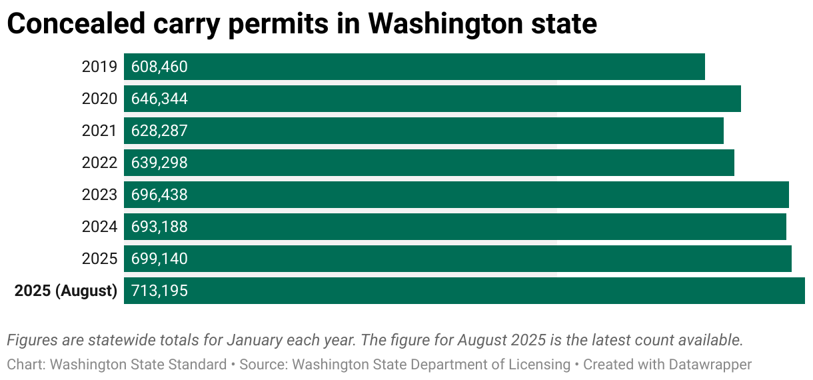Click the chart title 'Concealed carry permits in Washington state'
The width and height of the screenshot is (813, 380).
point(301,24)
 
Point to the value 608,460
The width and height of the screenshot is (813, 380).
point(159,67)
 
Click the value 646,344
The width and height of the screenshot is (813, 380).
point(159,99)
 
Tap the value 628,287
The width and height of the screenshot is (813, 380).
point(159,131)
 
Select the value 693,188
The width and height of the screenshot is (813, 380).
point(159,227)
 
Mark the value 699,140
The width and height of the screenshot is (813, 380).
point(159,259)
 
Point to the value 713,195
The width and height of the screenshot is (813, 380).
point(159,291)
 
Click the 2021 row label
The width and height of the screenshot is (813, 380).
point(99,131)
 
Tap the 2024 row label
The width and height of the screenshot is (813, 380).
point(99,227)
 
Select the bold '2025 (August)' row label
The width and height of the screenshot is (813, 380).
point(66,291)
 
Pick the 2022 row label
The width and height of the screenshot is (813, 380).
point(99,163)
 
